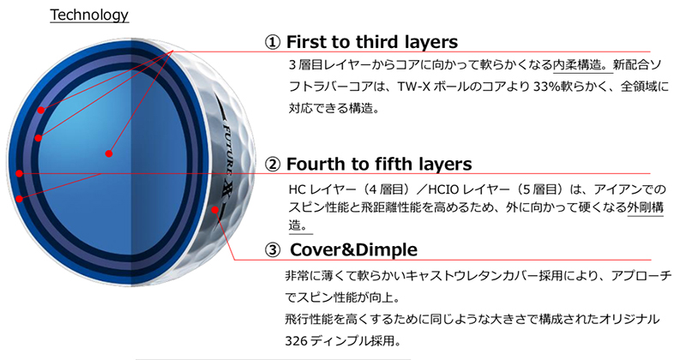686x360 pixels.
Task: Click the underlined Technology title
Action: point(89,15)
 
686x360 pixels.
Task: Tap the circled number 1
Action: point(272,43)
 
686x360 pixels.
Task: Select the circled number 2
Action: point(273,165)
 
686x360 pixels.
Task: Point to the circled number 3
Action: point(273,250)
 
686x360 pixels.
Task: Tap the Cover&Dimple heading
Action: point(353,249)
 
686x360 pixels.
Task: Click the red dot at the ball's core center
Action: point(109,153)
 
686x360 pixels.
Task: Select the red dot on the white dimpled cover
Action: point(215,209)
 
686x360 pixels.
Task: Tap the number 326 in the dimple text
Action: point(296,340)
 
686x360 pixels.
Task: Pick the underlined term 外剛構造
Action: point(646,207)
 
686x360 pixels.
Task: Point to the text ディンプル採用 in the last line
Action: point(354,340)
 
